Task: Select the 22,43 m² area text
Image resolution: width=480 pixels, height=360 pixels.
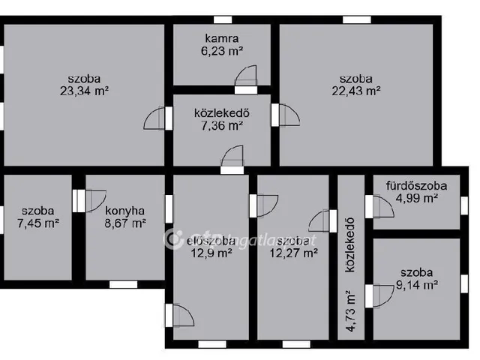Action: click(356, 91)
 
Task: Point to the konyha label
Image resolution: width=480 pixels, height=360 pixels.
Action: click(125, 210)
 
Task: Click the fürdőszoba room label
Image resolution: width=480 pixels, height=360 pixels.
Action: click(416, 185)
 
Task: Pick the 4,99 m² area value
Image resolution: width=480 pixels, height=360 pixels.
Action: click(416, 198)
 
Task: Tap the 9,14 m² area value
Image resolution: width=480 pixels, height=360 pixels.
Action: click(416, 284)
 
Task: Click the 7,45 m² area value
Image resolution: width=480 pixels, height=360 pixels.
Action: click(37, 223)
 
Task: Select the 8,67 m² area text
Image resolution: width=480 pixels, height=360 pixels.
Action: click(125, 223)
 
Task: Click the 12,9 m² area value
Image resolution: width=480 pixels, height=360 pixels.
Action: click(210, 253)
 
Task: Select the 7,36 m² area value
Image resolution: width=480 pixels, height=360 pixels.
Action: click(221, 126)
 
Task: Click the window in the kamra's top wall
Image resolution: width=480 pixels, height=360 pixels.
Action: click(223, 20)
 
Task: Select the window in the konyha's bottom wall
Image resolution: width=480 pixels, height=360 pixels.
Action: click(123, 283)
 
